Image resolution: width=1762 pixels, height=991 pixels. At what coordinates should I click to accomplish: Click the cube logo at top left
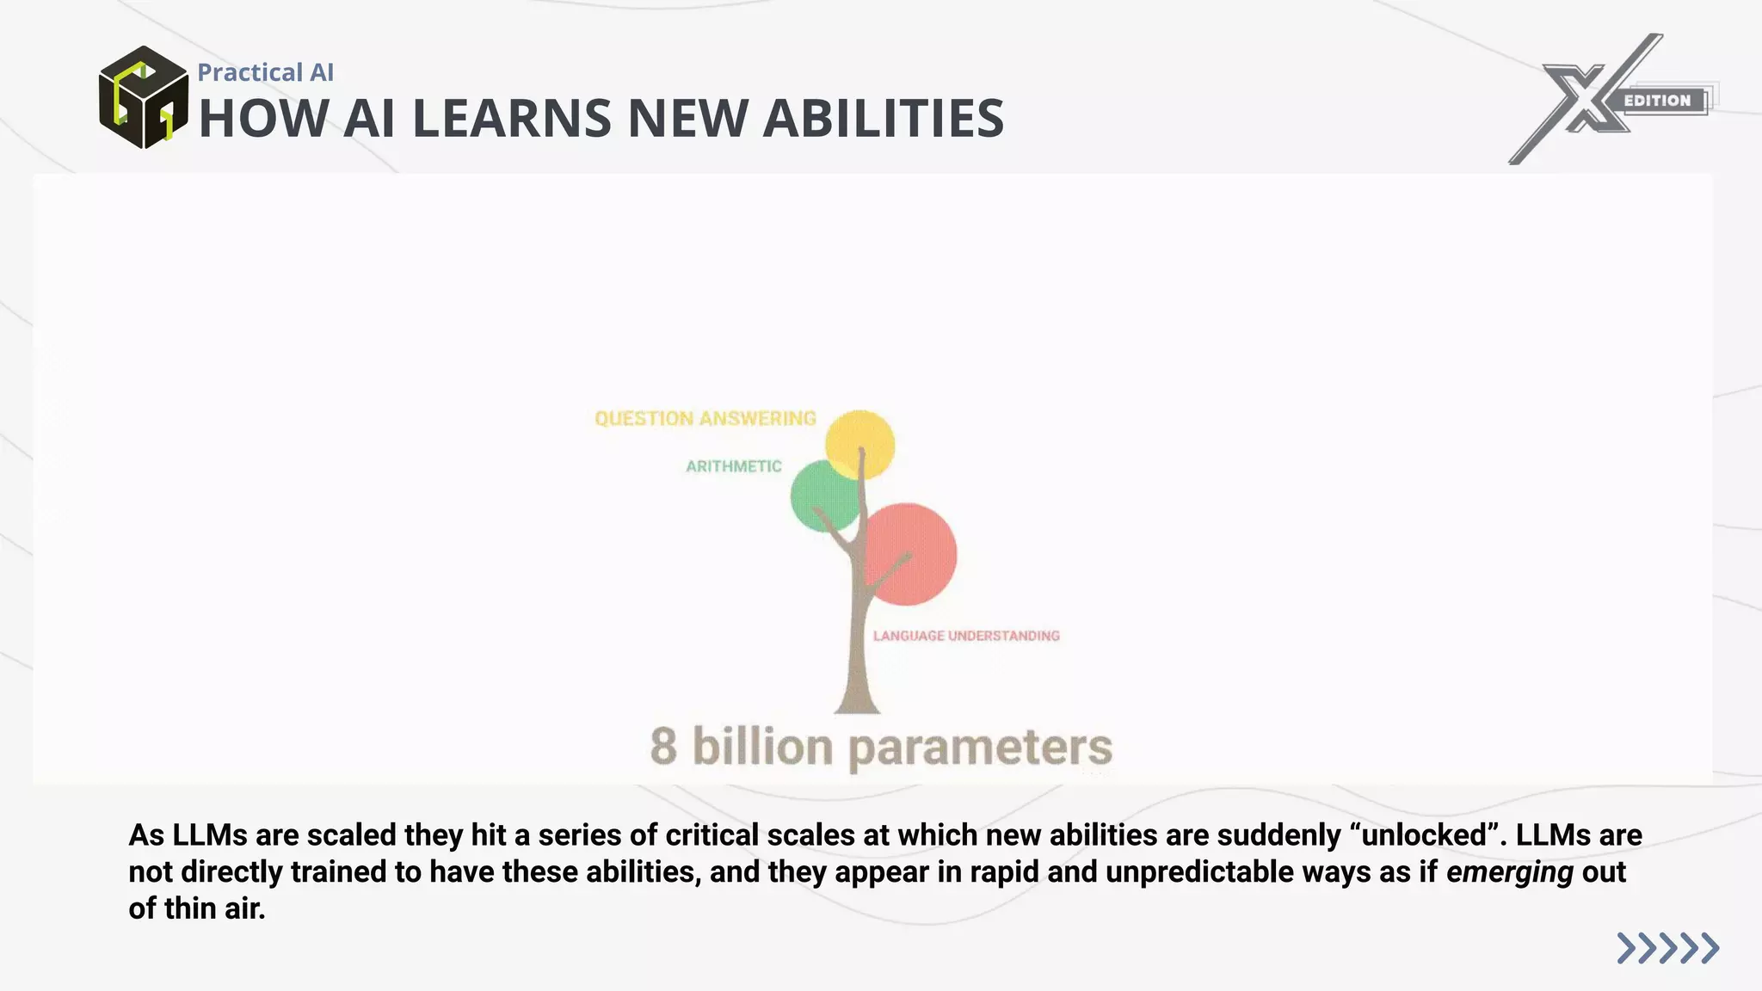coord(143,97)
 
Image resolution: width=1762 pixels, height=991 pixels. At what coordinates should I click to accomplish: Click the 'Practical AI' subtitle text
coord(265,72)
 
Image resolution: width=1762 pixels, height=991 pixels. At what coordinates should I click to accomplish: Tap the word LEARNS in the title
coord(512,118)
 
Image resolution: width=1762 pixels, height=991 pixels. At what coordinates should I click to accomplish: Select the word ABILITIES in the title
coord(884,118)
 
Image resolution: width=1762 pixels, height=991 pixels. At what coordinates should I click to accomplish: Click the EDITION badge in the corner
coord(1658,101)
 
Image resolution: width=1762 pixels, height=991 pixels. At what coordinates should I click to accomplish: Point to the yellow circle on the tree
coord(859,442)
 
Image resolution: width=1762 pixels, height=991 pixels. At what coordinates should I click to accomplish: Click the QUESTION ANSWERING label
coord(705,419)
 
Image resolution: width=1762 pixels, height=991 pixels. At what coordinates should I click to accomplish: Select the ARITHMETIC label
coord(733,466)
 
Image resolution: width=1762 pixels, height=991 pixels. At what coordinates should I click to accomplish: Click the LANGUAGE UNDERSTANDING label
coord(966,636)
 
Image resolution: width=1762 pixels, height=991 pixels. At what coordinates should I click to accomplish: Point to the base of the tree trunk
coord(857,701)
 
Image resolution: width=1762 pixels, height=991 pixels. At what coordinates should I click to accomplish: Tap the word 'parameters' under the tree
coord(980,747)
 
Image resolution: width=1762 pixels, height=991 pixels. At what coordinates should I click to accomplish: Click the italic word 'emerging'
coord(1509,872)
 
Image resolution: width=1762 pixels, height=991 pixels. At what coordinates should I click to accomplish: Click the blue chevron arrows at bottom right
coord(1667,948)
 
